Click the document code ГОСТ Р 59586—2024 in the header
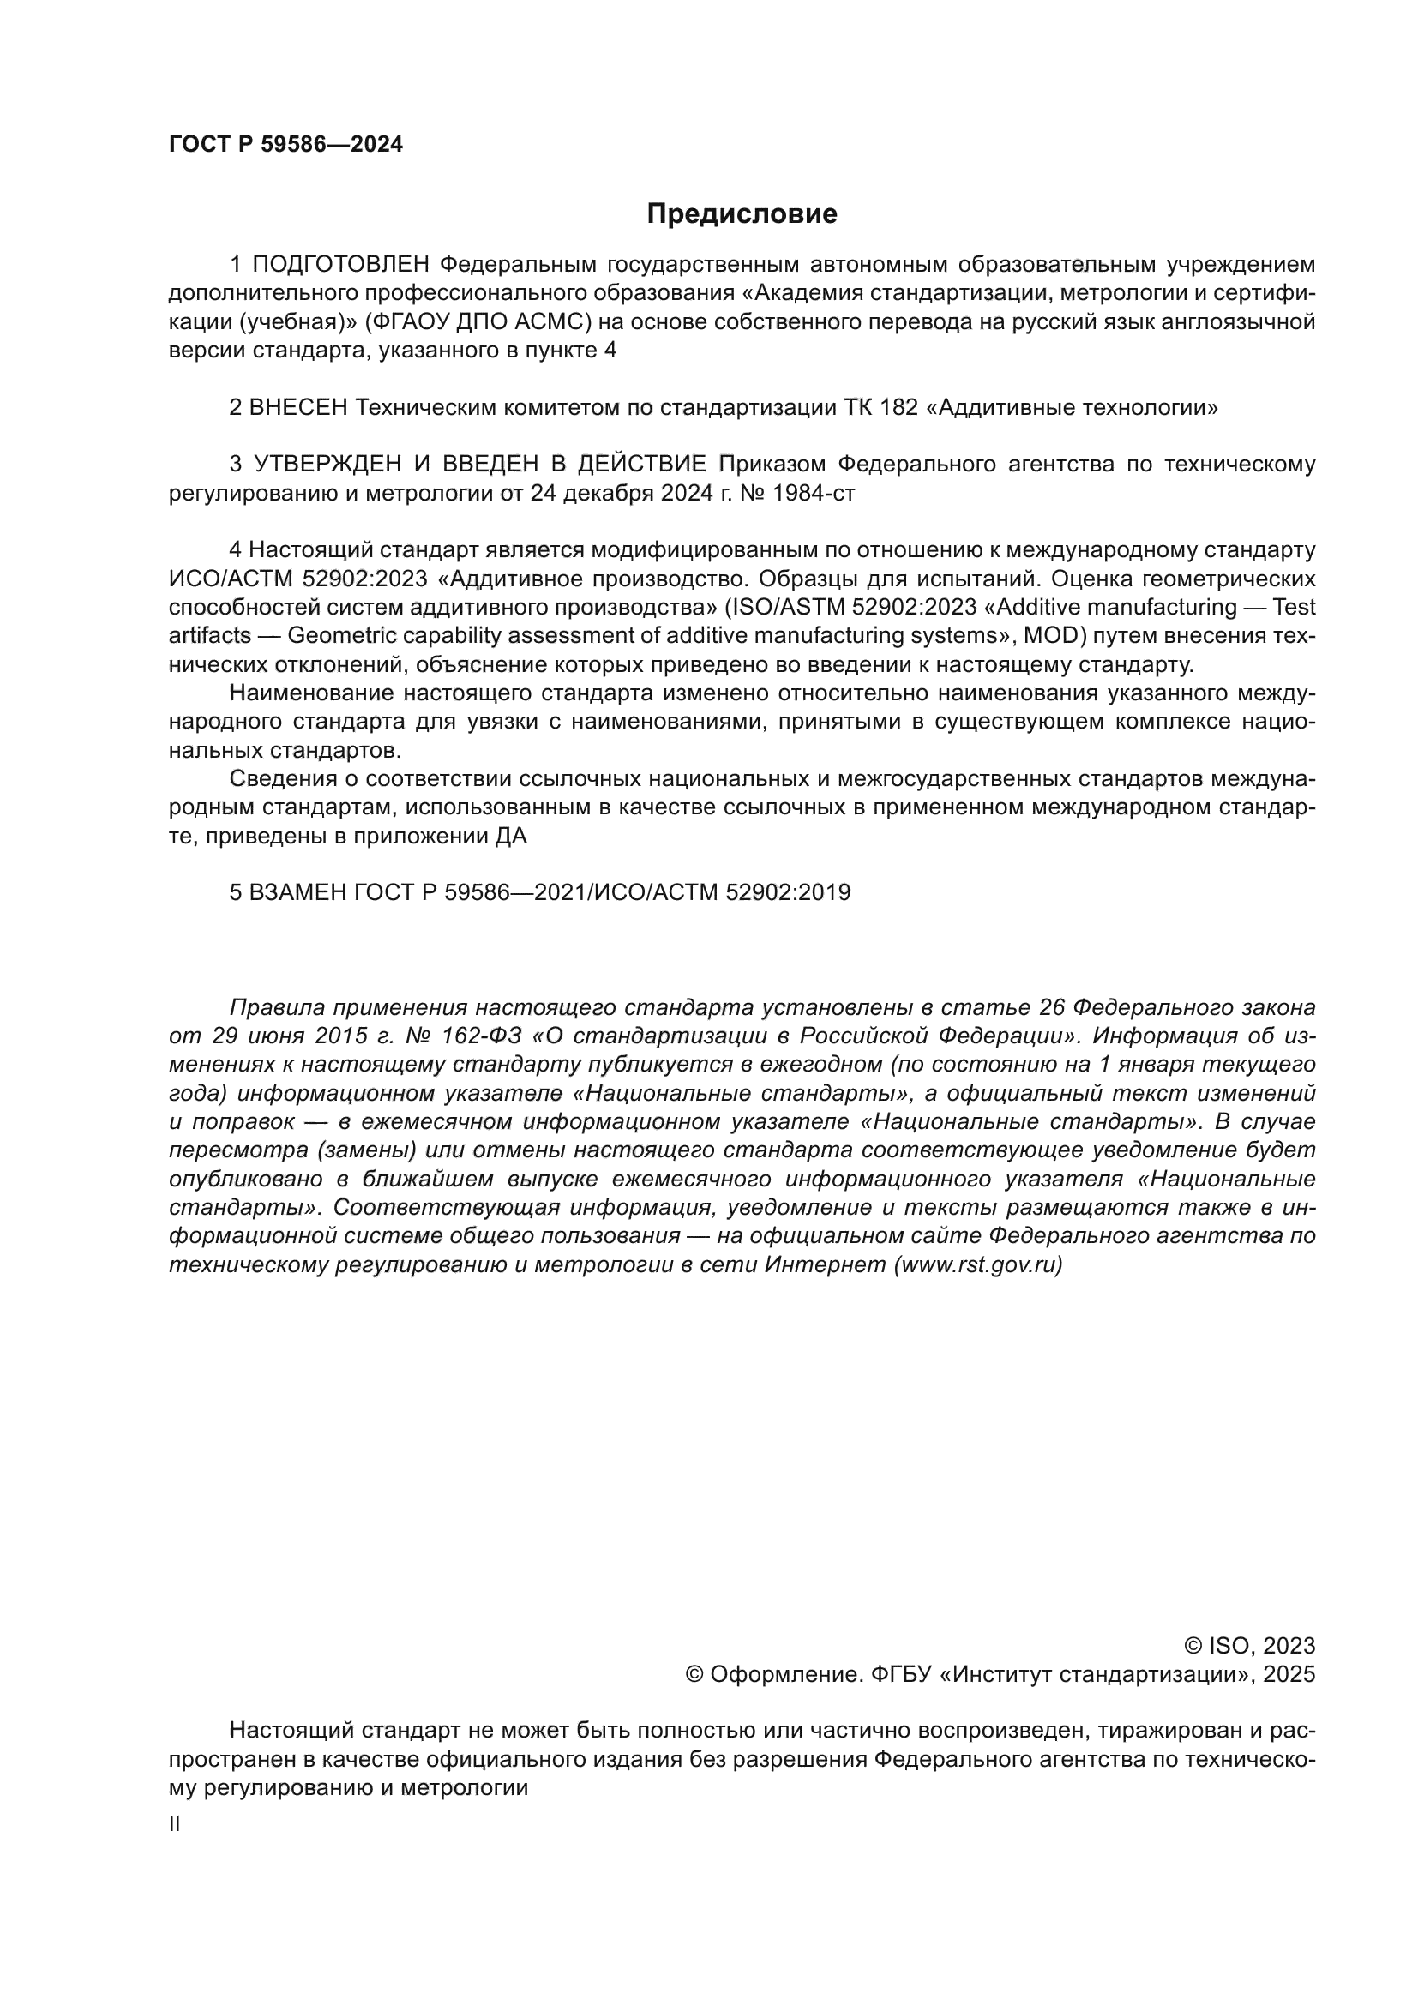(285, 145)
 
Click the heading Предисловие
(742, 214)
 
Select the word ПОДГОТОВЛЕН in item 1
(341, 265)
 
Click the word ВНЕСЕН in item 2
(298, 408)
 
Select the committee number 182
(899, 408)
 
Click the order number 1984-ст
(813, 494)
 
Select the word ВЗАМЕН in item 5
(299, 892)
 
